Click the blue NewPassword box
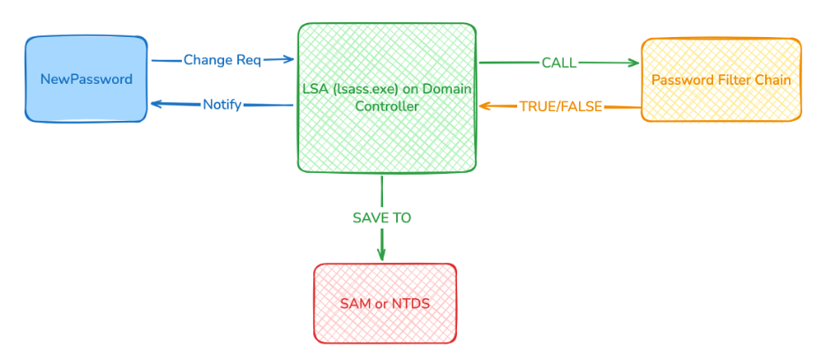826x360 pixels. (86, 79)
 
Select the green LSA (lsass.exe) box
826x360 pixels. (387, 132)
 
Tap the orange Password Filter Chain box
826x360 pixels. (721, 79)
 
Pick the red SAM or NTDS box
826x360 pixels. (385, 304)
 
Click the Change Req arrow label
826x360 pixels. (222, 60)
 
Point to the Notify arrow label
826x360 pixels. (222, 104)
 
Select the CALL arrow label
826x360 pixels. (559, 63)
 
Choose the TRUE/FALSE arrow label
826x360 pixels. (560, 107)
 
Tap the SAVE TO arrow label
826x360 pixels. (382, 218)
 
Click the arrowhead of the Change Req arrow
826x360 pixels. (289, 60)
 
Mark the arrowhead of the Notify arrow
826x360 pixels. (155, 104)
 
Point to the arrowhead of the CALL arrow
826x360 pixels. (634, 63)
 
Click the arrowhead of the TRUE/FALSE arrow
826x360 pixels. (484, 106)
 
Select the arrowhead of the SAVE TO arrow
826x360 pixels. (381, 256)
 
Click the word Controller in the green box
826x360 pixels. (387, 106)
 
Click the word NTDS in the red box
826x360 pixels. (409, 304)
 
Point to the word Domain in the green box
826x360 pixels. (448, 89)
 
